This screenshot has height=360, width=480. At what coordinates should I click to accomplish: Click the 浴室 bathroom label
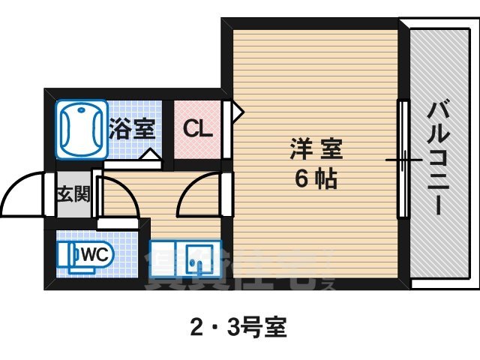[x=132, y=129]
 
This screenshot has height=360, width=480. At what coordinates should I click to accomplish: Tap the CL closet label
[x=198, y=129]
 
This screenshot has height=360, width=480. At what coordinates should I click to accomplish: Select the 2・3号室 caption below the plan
[x=239, y=327]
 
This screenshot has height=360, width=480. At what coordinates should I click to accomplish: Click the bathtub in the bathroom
[x=79, y=128]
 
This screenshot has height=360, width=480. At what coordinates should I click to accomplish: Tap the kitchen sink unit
[x=185, y=262]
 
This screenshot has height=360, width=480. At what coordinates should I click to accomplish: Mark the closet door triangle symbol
[x=237, y=112]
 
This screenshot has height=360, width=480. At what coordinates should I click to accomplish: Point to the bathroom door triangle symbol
[x=151, y=156]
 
